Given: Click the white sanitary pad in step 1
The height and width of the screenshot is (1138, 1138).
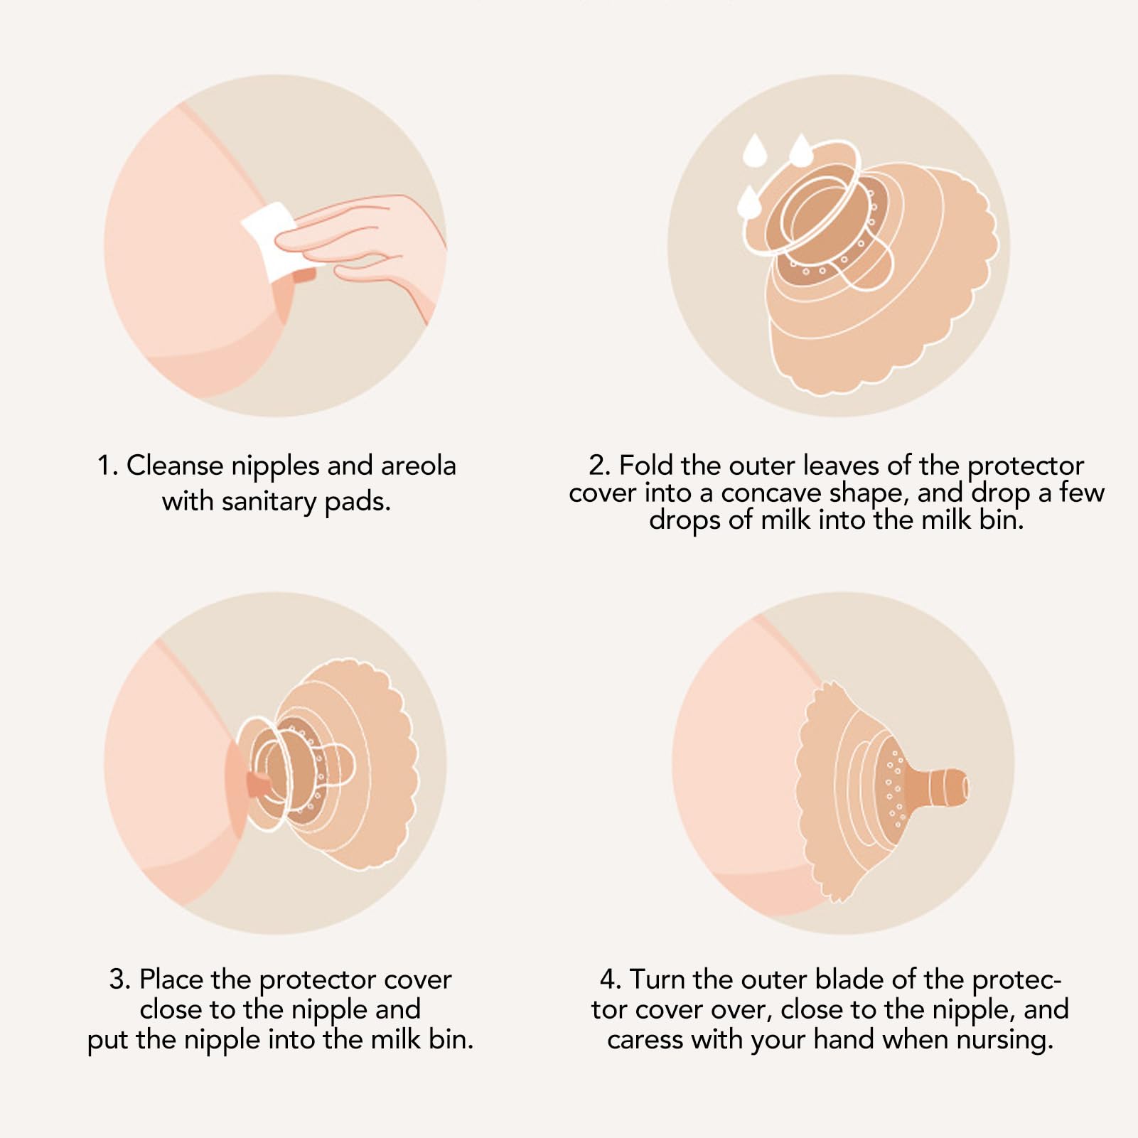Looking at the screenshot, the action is (274, 240).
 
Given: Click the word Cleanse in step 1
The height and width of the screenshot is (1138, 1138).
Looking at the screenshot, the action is (174, 466).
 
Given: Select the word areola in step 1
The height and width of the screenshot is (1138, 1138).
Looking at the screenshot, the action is (419, 466).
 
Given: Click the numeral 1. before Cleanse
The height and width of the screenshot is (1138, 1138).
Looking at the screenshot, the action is (108, 466).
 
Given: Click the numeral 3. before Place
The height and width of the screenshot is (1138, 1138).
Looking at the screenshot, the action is (120, 979).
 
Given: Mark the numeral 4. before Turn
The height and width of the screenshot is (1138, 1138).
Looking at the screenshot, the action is (611, 979).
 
